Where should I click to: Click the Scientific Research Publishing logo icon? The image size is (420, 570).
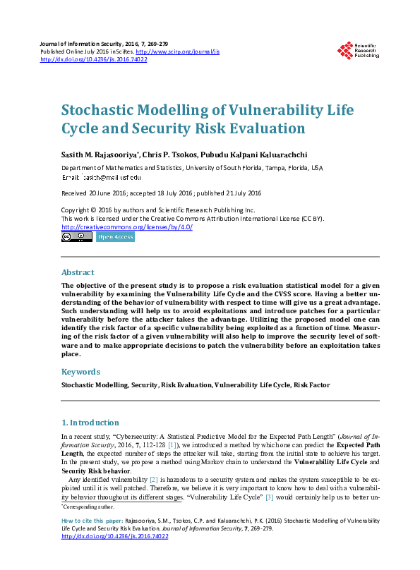pos(345,50)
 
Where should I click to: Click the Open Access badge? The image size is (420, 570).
pos(114,237)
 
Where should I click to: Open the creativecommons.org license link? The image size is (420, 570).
pos(127,226)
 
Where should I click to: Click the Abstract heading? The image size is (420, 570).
pos(78,272)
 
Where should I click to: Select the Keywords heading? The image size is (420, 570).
pos(80,371)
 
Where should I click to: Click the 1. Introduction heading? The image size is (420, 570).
pos(90,423)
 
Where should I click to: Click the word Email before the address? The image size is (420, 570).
pos(71,177)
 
